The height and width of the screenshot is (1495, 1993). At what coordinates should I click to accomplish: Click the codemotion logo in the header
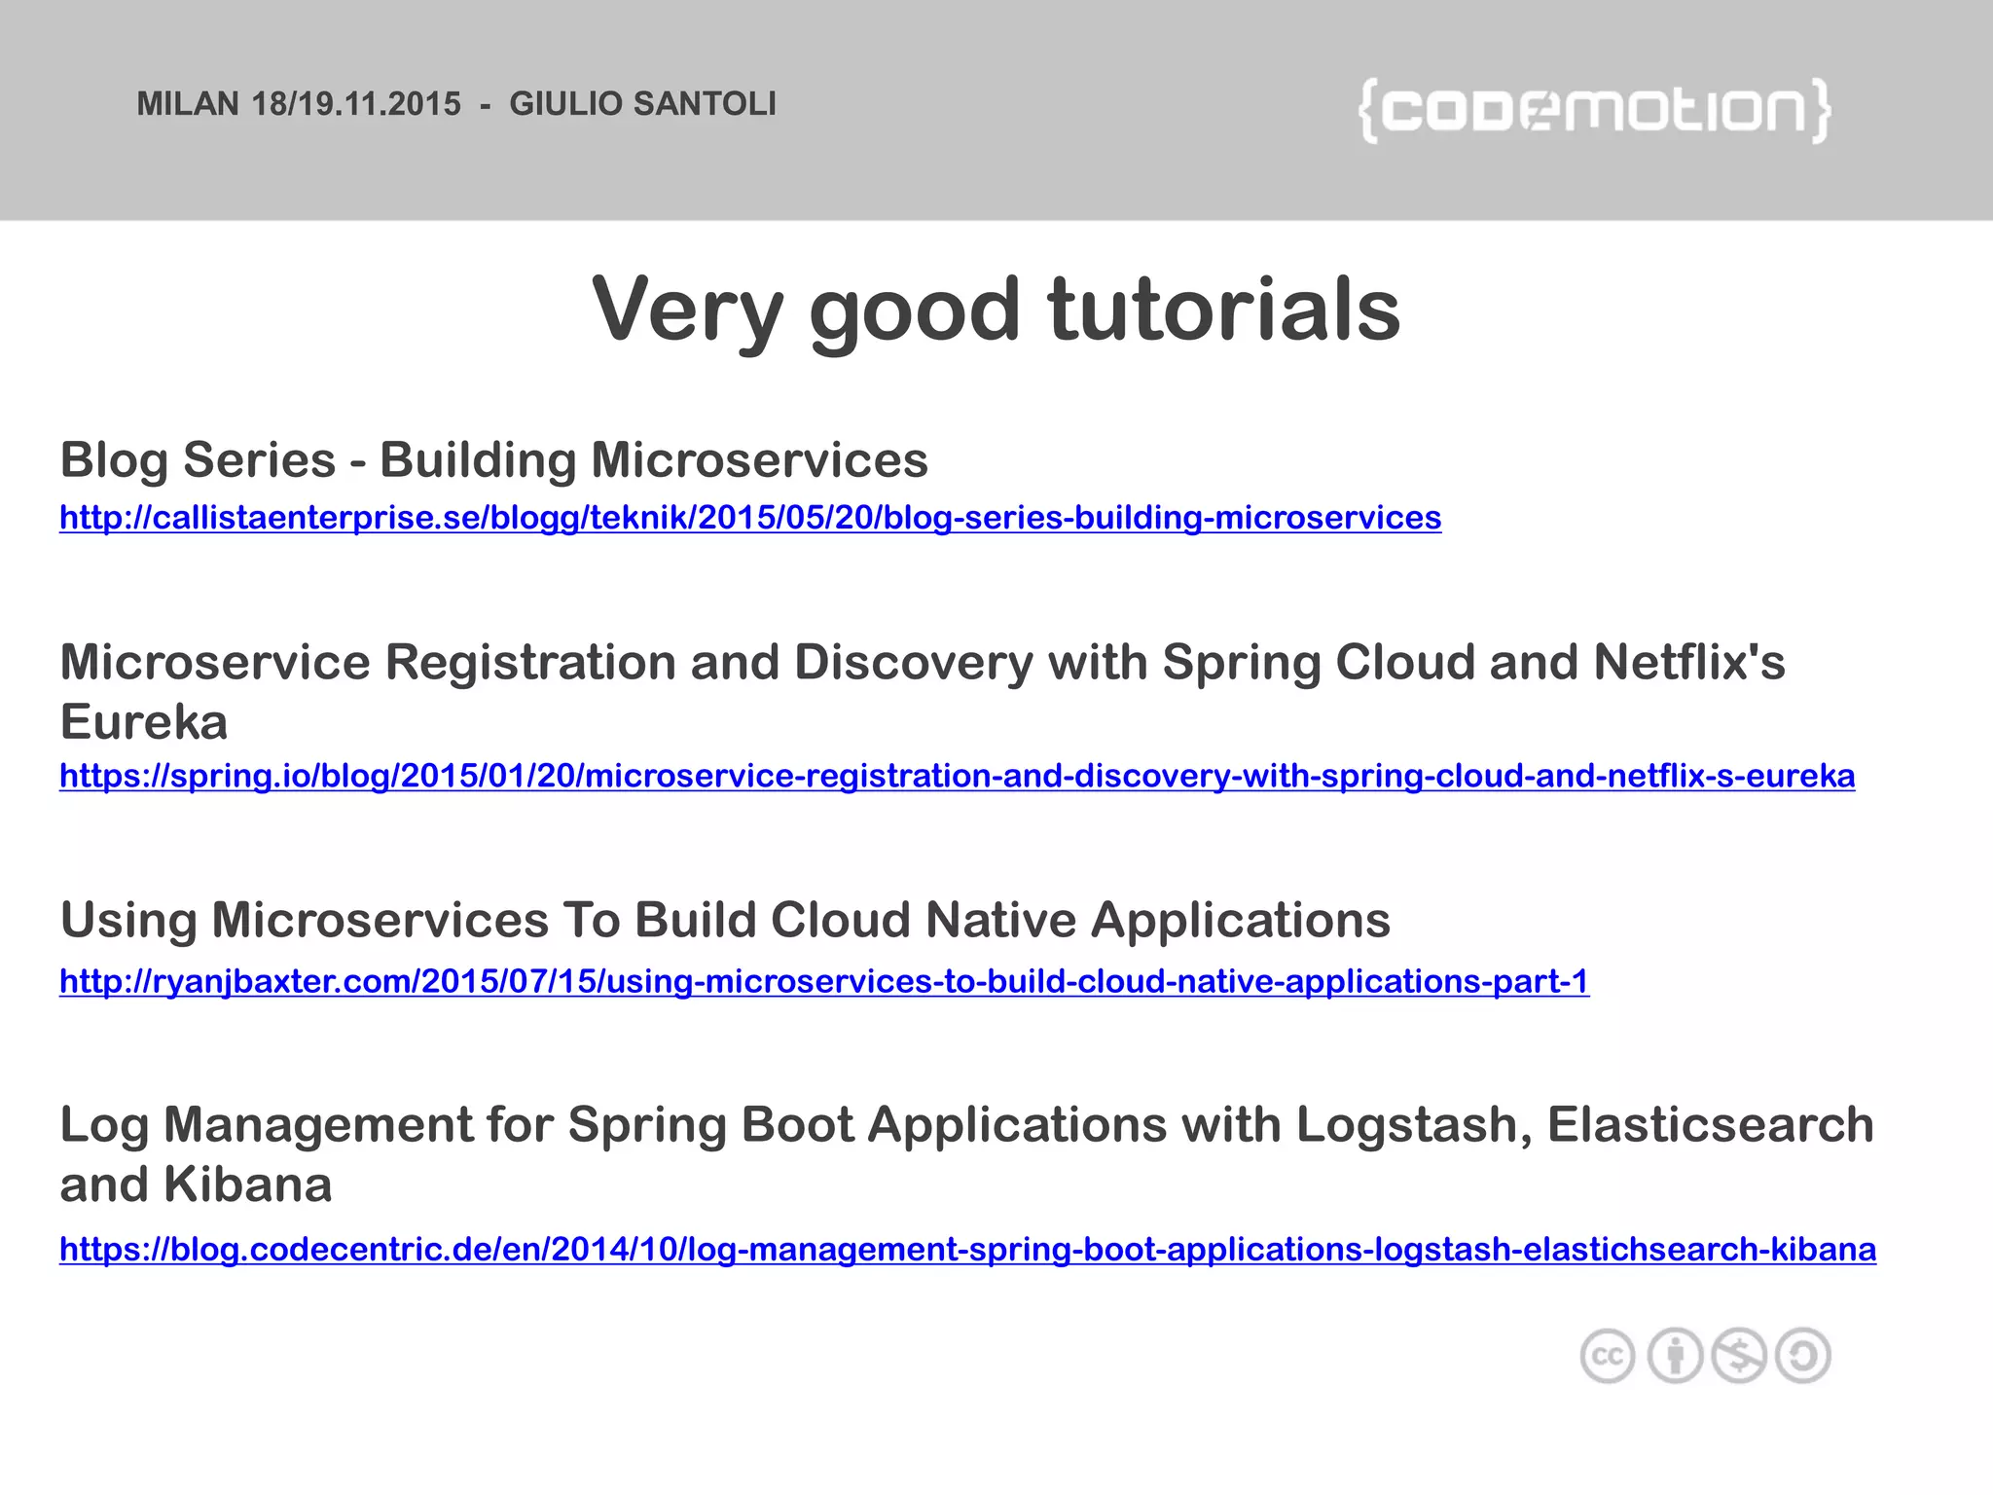tap(1594, 111)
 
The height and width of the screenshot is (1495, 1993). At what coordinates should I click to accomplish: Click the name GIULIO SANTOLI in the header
tap(642, 104)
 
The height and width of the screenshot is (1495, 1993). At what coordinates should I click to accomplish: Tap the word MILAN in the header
tap(188, 104)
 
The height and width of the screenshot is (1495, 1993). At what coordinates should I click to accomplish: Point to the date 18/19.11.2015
tap(356, 104)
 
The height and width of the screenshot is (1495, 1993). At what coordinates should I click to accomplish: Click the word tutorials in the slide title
tap(1223, 310)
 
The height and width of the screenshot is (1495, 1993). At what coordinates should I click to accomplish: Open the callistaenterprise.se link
tap(749, 518)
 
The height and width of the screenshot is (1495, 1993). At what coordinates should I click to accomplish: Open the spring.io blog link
tap(957, 776)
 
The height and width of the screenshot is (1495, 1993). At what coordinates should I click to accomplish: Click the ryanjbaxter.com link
tap(823, 981)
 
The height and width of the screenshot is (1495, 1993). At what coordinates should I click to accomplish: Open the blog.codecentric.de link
tap(967, 1249)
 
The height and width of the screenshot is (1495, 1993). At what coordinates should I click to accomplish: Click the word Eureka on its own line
tap(144, 722)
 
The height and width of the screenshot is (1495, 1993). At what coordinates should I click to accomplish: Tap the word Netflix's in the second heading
tap(1688, 663)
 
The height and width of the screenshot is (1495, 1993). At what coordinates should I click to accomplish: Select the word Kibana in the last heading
tap(248, 1185)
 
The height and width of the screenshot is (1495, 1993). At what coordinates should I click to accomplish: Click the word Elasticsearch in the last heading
tap(1710, 1125)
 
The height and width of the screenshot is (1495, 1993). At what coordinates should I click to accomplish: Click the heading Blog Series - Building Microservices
tap(493, 460)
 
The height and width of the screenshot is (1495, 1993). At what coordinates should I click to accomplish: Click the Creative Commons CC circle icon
tap(1607, 1356)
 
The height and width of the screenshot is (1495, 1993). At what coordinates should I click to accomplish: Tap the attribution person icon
tap(1674, 1356)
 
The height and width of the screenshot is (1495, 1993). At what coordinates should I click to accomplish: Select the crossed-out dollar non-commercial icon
tap(1739, 1356)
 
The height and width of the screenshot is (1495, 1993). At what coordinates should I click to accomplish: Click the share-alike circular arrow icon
tap(1803, 1356)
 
